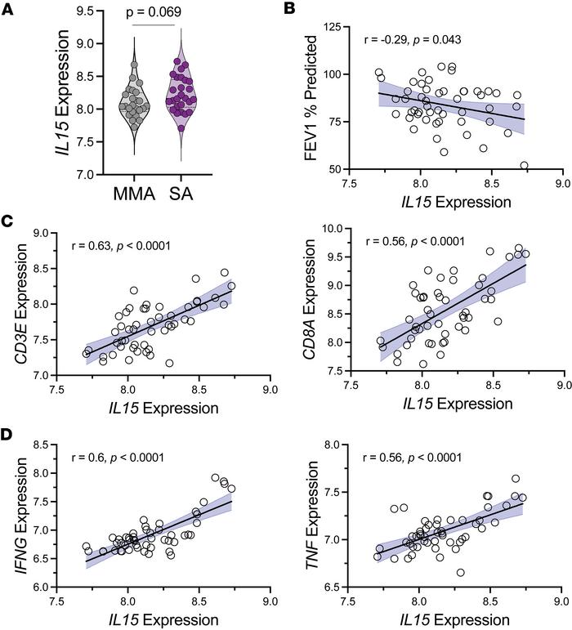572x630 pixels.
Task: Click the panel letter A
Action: click(x=9, y=9)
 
